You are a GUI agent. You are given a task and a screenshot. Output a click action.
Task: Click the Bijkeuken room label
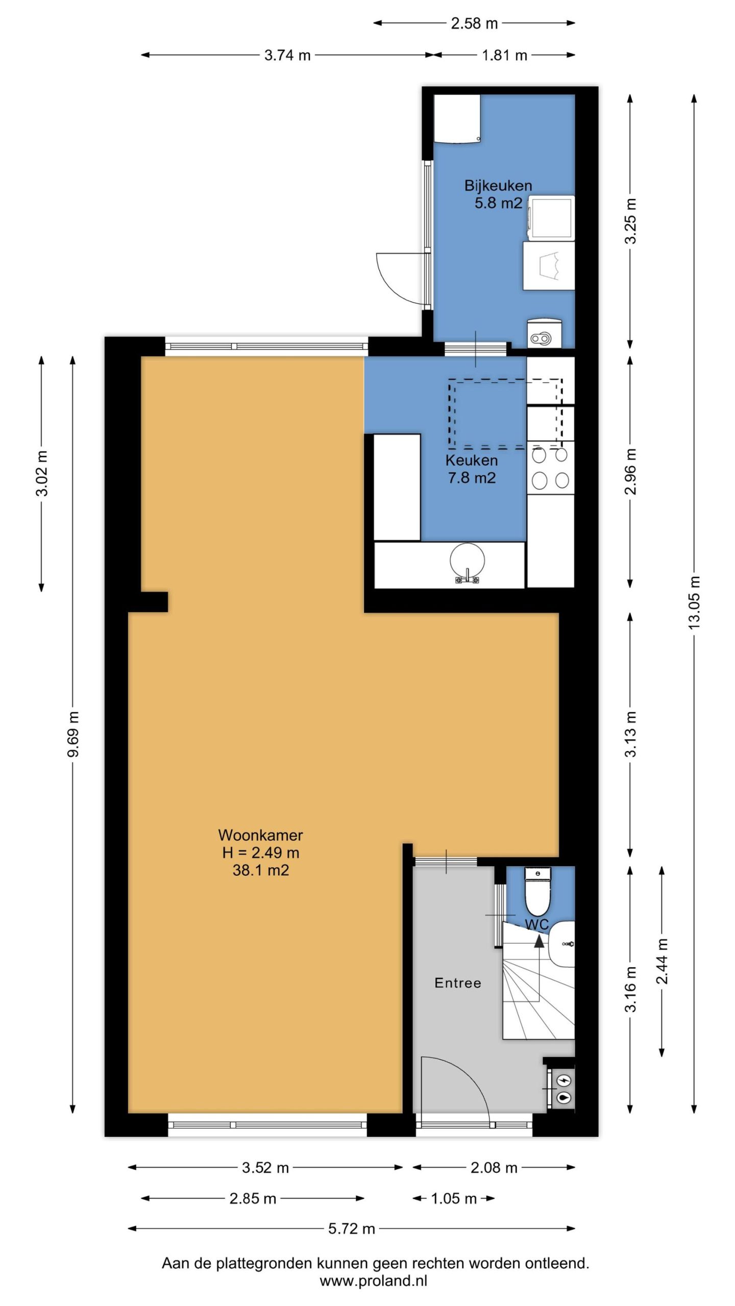point(498,186)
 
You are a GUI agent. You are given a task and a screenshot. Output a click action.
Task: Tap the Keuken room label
point(471,460)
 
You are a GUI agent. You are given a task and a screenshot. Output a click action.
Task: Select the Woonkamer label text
point(260,835)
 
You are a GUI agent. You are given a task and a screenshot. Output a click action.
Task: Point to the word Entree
point(457,983)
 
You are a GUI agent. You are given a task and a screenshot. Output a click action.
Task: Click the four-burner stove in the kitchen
point(550,468)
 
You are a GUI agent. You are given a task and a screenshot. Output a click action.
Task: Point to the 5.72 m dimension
point(351,1228)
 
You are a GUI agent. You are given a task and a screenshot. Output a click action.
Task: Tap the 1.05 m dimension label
point(454,1198)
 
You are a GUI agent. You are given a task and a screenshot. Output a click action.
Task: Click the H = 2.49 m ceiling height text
point(260,852)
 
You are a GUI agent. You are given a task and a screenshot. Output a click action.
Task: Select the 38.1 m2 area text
point(260,870)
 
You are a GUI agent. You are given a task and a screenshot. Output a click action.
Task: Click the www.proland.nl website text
point(373,1280)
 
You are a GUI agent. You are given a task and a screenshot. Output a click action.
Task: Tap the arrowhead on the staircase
point(539,941)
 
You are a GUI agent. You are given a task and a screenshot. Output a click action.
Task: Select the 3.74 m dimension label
point(287,55)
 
